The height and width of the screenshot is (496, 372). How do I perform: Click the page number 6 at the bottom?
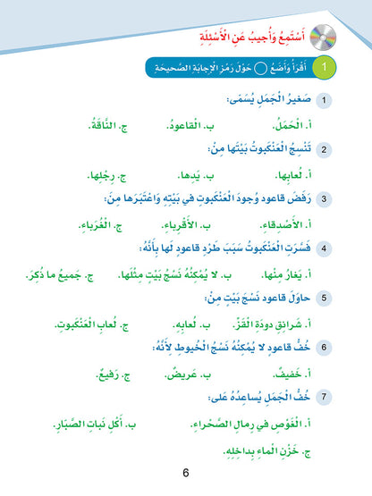pos(186,473)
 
